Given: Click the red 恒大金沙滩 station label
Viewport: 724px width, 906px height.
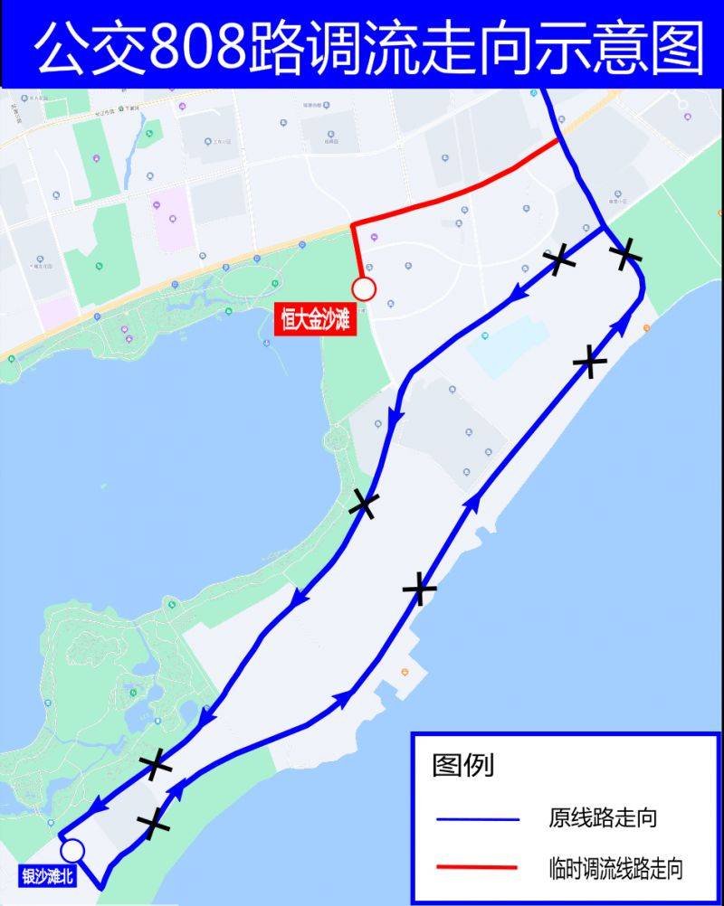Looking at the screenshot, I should coord(315,321).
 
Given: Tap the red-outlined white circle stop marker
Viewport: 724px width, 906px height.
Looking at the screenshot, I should coord(364,289).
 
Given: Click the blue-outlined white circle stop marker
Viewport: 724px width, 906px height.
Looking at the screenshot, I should coord(72,850).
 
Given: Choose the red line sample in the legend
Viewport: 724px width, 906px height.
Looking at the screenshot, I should coord(477,867).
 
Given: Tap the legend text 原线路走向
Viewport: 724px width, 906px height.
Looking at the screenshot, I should coord(602,819).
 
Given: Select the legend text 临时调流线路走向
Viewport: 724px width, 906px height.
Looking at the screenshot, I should coord(615,869).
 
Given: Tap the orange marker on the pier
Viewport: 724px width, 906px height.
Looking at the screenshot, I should coord(405,672).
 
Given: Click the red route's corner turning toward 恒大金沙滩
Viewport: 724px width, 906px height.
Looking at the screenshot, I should coord(353,223).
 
